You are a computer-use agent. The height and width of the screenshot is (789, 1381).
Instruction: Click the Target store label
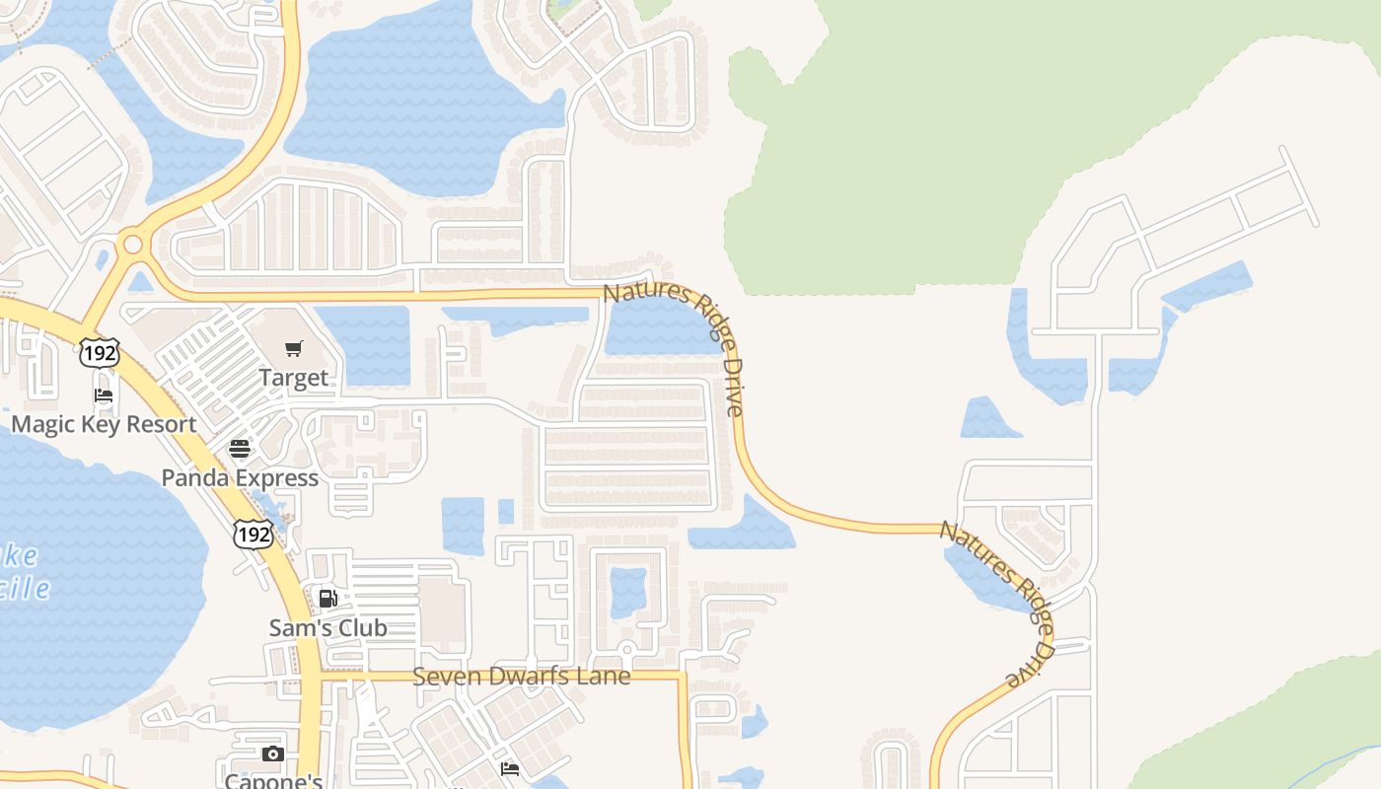[293, 378]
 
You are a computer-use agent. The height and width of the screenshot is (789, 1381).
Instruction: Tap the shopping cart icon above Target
[293, 348]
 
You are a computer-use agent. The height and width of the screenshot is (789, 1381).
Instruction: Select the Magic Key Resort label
[104, 425]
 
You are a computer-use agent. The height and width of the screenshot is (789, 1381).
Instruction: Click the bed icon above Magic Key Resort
[104, 395]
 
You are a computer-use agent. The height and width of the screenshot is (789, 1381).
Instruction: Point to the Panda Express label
[240, 478]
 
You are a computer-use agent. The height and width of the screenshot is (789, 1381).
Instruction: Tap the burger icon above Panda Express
[240, 449]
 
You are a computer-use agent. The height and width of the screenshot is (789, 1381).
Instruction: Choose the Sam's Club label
[327, 628]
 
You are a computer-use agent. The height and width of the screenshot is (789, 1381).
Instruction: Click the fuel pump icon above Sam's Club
[327, 598]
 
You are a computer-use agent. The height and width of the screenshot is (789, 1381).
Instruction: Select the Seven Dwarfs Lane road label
[521, 677]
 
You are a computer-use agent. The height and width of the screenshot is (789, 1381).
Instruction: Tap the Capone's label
[273, 781]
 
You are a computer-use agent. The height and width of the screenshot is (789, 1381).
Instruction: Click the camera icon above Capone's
[273, 754]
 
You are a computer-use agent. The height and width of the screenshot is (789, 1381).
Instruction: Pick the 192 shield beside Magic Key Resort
[100, 352]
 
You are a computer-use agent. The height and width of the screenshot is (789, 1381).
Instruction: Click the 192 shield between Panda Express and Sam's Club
[253, 534]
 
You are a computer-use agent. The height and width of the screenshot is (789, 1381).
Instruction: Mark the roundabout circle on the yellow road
[131, 244]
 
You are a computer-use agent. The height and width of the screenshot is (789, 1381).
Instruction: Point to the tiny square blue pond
[506, 511]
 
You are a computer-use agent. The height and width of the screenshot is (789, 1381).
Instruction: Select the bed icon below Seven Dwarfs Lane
[510, 768]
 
